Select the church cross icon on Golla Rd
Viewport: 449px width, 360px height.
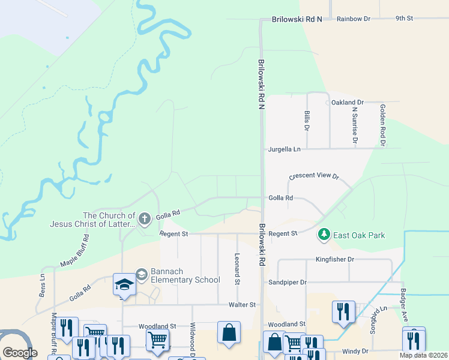[x=144, y=220]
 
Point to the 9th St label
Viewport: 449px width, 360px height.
[x=404, y=19]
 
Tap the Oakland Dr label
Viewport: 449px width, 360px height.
[x=348, y=103]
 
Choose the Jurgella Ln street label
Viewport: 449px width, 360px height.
[x=284, y=149]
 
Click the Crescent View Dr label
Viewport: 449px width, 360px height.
[x=314, y=177]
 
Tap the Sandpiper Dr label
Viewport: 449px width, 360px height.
[x=287, y=282]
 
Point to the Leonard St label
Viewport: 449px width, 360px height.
[x=238, y=268]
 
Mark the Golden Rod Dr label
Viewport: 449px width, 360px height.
[x=382, y=125]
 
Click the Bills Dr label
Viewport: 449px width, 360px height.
[x=307, y=120]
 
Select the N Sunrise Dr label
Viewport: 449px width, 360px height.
[x=355, y=125]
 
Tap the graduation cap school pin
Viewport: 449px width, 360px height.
[x=124, y=285]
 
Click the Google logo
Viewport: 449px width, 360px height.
[x=20, y=353]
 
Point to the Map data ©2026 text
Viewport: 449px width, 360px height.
[x=423, y=355]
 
